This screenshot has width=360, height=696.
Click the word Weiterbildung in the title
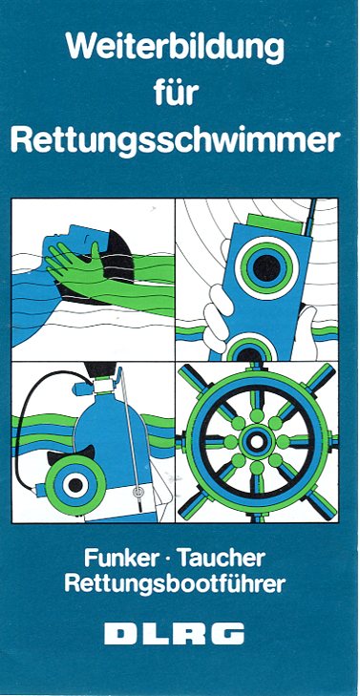tap(175, 49)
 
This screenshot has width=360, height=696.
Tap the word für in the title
tap(177, 93)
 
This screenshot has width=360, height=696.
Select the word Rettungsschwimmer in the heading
tap(176, 140)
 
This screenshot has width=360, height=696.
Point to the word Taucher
tap(222, 558)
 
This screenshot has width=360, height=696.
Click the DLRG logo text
tap(175, 633)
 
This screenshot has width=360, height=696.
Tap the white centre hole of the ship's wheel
tap(257, 442)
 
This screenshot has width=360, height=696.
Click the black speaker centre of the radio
tap(266, 268)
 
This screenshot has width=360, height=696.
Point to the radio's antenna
tap(309, 218)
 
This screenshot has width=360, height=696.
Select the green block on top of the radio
tap(274, 224)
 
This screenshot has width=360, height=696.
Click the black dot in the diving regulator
tap(75, 485)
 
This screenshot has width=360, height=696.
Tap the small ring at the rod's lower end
tap(138, 492)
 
